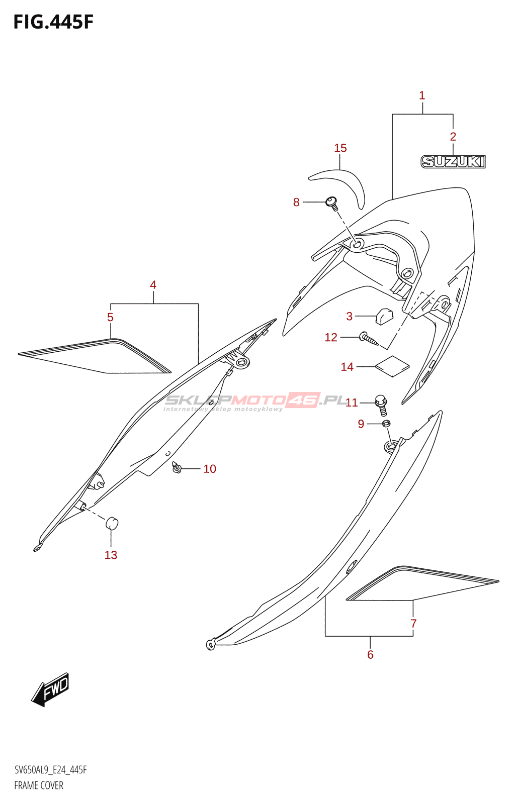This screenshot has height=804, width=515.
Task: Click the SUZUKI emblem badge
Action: (x=453, y=161)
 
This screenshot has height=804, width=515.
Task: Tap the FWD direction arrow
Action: (x=50, y=689)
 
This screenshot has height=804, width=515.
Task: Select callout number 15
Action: (x=340, y=148)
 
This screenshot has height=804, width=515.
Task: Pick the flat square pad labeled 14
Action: (x=392, y=366)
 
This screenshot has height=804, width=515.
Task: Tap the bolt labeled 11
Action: (x=382, y=404)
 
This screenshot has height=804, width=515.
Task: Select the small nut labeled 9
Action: (x=386, y=424)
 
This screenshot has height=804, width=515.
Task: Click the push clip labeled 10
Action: (x=177, y=468)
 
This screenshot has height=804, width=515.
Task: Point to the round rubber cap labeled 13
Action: (x=112, y=523)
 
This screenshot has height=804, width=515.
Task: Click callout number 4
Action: (x=153, y=285)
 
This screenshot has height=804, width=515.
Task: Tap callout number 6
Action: (x=370, y=654)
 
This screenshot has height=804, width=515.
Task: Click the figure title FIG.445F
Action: (x=53, y=22)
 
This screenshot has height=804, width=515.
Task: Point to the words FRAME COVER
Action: (x=39, y=785)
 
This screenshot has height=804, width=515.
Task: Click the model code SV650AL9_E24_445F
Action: (x=50, y=770)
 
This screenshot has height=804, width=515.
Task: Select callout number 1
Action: (x=422, y=95)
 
